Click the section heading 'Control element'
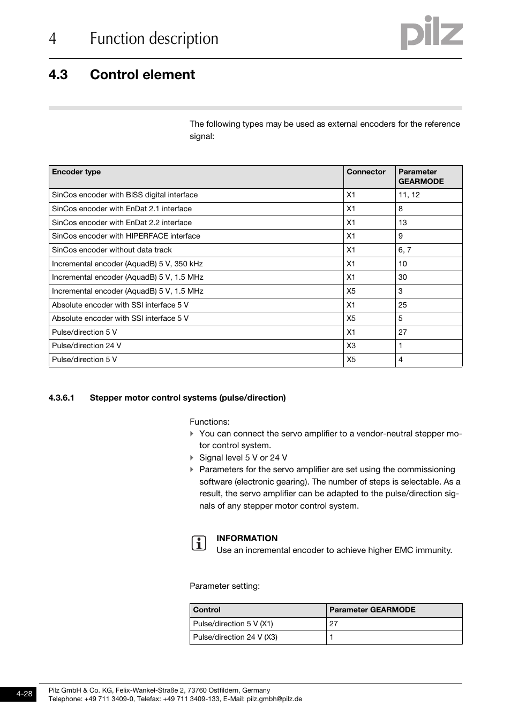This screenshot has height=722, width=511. (142, 75)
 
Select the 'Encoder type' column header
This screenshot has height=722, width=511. (76, 172)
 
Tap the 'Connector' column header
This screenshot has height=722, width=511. (366, 172)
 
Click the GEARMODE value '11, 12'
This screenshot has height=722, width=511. (409, 195)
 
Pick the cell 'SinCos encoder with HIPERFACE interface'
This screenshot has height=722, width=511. (126, 236)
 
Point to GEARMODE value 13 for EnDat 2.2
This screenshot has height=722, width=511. (403, 222)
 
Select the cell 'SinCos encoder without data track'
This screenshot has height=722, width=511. (112, 250)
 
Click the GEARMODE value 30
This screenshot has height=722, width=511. (403, 278)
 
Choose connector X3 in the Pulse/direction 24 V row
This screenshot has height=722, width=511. (351, 346)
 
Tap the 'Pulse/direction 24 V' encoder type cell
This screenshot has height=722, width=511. (86, 346)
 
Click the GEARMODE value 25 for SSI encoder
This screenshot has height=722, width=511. (403, 305)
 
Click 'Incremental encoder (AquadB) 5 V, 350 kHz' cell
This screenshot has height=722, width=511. (127, 264)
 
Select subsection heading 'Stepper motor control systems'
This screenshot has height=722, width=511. (187, 398)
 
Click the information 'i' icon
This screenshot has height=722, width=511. (199, 544)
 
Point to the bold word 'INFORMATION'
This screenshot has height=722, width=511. (247, 539)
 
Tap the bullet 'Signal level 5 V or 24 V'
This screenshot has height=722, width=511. (243, 458)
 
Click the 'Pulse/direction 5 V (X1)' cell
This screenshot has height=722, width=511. (233, 624)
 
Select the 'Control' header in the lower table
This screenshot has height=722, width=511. (207, 610)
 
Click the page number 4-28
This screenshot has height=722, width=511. (24, 694)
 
